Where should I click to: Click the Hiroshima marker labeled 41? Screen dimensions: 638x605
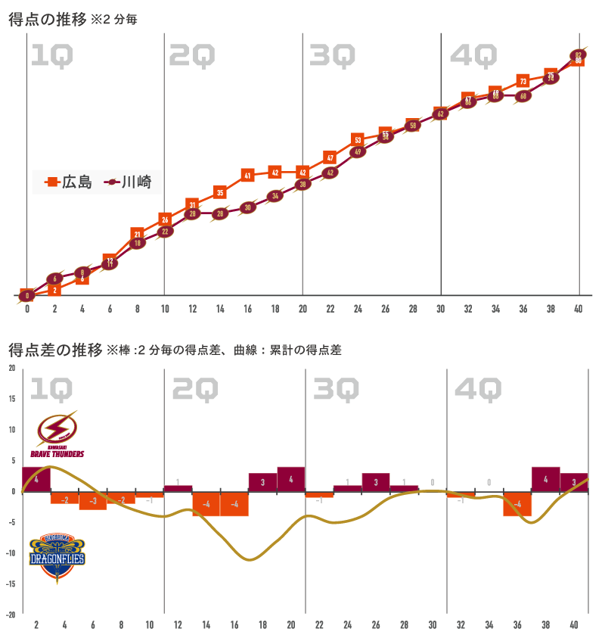tap(247, 175)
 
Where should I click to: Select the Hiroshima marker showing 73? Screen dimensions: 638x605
tap(523, 81)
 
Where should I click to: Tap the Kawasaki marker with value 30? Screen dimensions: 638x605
tap(247, 207)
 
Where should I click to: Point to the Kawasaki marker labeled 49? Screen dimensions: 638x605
tap(358, 151)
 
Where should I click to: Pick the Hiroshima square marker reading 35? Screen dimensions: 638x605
tap(220, 192)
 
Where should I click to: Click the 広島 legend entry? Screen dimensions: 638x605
tap(68, 182)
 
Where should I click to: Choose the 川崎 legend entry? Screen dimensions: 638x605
tap(128, 182)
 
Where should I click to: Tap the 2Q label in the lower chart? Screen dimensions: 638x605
tap(194, 389)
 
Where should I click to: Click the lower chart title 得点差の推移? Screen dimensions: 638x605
tap(55, 350)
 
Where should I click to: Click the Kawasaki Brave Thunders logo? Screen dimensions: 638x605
tap(57, 434)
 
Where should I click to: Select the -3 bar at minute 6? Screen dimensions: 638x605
tap(93, 500)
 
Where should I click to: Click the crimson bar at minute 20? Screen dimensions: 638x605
tap(291, 479)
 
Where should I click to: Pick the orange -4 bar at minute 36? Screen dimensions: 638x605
tap(517, 504)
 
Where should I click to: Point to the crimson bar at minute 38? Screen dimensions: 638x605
tap(546, 479)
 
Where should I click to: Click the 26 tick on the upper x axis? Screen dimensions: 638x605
tap(386, 309)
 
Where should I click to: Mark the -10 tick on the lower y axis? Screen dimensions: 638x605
tap(11, 552)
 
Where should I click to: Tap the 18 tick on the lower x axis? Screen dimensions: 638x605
tap(262, 625)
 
